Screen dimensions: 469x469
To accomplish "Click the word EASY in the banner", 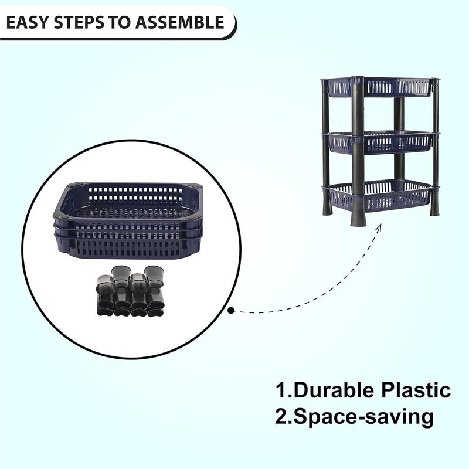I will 29,22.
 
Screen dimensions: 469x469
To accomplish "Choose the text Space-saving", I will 363,417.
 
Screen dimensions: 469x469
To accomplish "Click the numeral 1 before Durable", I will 281,390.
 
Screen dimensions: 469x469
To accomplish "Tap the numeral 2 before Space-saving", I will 281,417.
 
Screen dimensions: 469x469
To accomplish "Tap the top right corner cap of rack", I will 435,80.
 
